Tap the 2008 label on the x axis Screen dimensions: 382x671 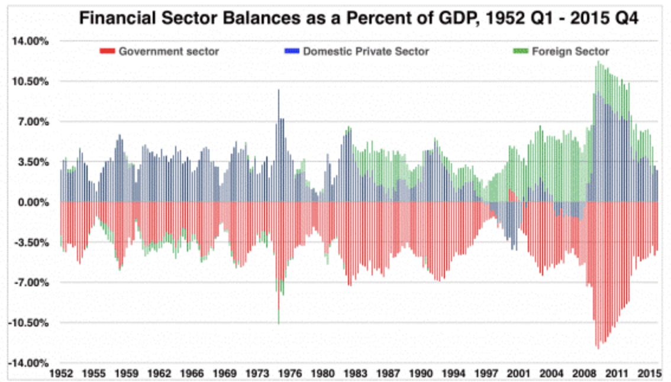pyautogui.click(x=585, y=374)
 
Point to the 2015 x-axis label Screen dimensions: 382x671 pyautogui.click(x=649, y=374)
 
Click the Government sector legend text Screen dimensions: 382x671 pyautogui.click(x=169, y=51)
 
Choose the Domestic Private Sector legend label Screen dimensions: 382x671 pyautogui.click(x=366, y=51)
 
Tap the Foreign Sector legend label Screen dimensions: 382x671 pyautogui.click(x=570, y=51)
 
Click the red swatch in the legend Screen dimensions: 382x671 pyautogui.click(x=108, y=51)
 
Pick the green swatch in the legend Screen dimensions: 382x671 pyautogui.click(x=520, y=51)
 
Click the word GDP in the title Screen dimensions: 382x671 pyautogui.click(x=447, y=19)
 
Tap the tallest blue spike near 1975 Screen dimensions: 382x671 pyautogui.click(x=278, y=95)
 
